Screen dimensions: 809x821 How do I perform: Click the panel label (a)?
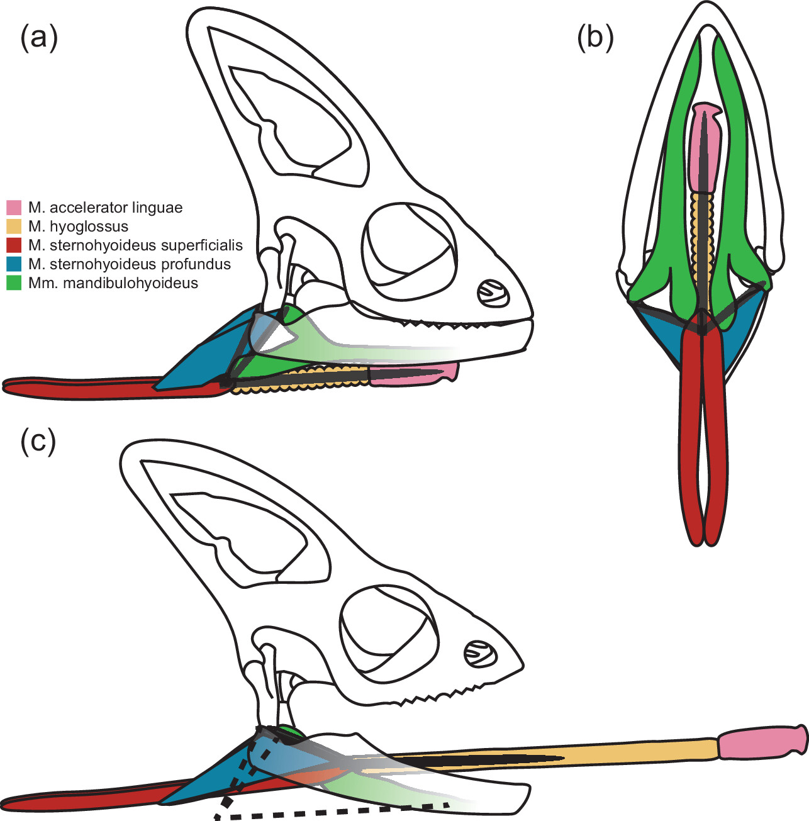click(38, 39)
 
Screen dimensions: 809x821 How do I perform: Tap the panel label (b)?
click(596, 39)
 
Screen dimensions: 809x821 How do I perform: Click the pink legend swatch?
click(14, 208)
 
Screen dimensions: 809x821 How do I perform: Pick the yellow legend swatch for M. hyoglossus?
click(14, 226)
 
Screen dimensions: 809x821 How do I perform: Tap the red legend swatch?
click(14, 245)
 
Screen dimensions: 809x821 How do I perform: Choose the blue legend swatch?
click(14, 264)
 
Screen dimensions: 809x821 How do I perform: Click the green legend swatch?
click(14, 283)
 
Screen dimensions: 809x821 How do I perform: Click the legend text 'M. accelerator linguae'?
click(105, 208)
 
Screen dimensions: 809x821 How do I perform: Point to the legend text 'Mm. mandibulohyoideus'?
click(113, 283)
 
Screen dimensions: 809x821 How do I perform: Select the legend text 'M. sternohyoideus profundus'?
click(130, 264)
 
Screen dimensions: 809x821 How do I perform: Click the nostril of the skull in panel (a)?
click(493, 293)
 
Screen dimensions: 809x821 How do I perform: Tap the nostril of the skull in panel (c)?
click(481, 654)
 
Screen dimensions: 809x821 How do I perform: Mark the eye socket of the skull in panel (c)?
click(389, 629)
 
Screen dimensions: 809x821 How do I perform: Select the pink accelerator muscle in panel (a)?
click(413, 374)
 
